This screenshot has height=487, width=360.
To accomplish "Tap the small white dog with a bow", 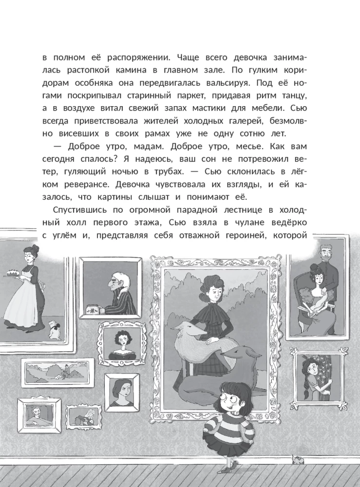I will click(x=55, y=331).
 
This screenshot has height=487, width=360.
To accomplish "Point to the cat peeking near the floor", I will click(x=295, y=459).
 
